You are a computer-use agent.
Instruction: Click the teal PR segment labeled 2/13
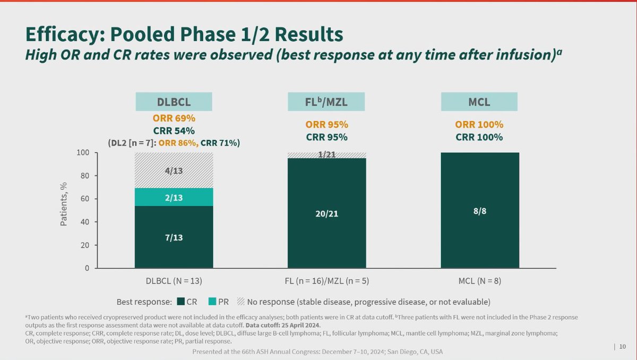pyautogui.click(x=174, y=197)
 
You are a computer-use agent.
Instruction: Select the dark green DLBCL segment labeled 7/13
pyautogui.click(x=174, y=237)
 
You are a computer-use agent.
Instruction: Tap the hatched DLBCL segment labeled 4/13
pyautogui.click(x=174, y=170)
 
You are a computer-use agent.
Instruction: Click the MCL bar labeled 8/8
pyautogui.click(x=480, y=210)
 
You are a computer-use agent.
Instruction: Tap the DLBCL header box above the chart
pyautogui.click(x=174, y=102)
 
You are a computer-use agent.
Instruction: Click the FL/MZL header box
pyautogui.click(x=326, y=102)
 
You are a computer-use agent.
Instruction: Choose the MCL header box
pyautogui.click(x=480, y=102)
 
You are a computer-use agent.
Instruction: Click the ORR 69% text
pyautogui.click(x=174, y=119)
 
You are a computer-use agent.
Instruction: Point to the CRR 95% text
pyautogui.click(x=326, y=137)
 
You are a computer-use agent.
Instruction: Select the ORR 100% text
pyautogui.click(x=480, y=125)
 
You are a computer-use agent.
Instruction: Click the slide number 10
pyautogui.click(x=622, y=347)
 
